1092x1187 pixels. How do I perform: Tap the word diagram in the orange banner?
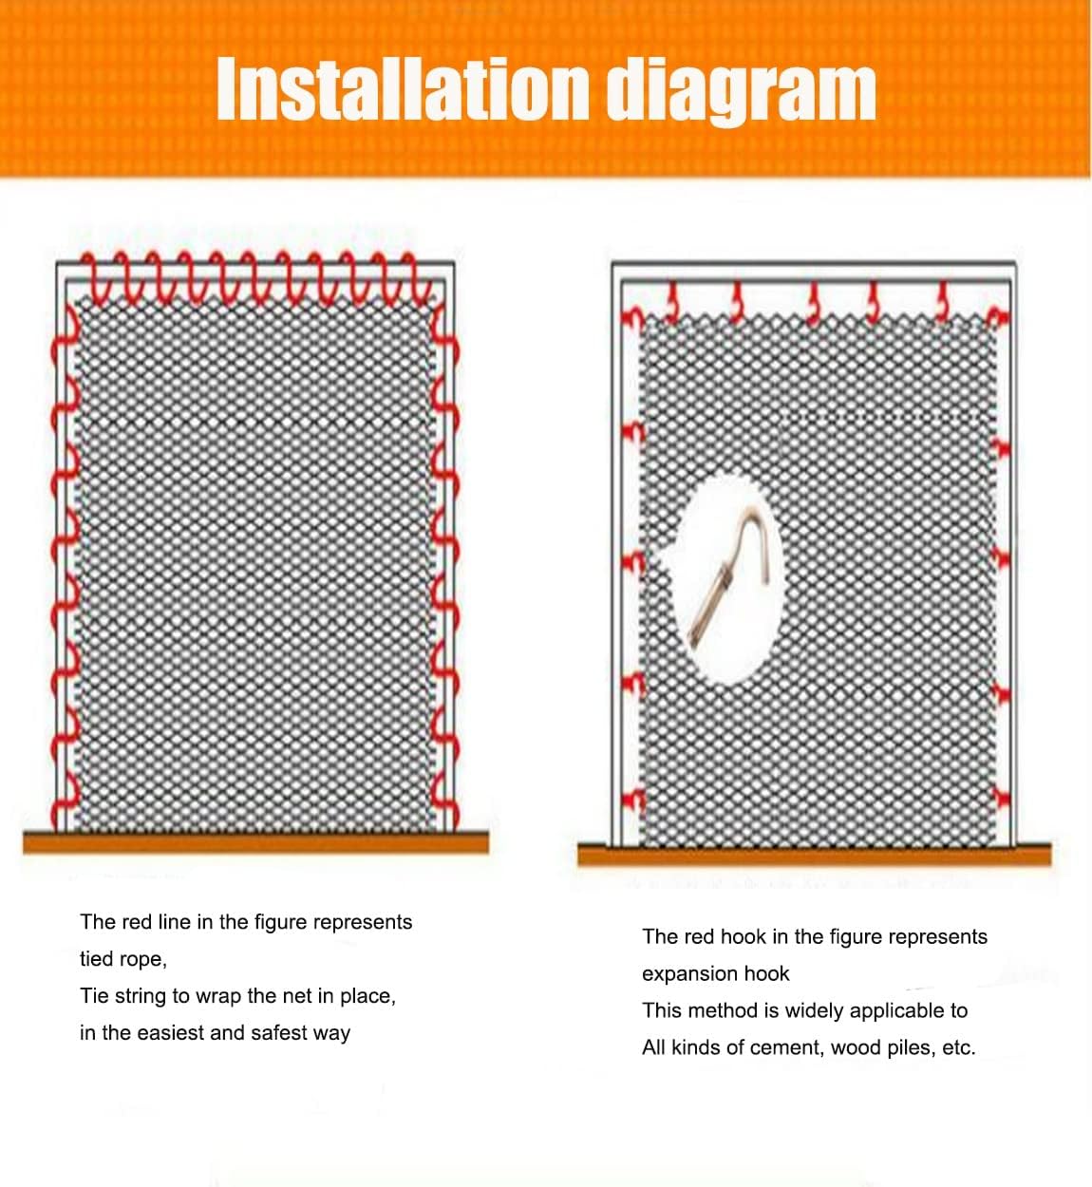click(740, 90)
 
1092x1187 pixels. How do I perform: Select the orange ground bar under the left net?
click(255, 841)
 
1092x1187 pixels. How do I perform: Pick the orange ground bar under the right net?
click(814, 854)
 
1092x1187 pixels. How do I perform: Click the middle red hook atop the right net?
click(813, 302)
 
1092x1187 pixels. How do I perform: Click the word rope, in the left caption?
click(142, 959)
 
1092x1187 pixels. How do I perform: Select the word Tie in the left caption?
click(93, 996)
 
